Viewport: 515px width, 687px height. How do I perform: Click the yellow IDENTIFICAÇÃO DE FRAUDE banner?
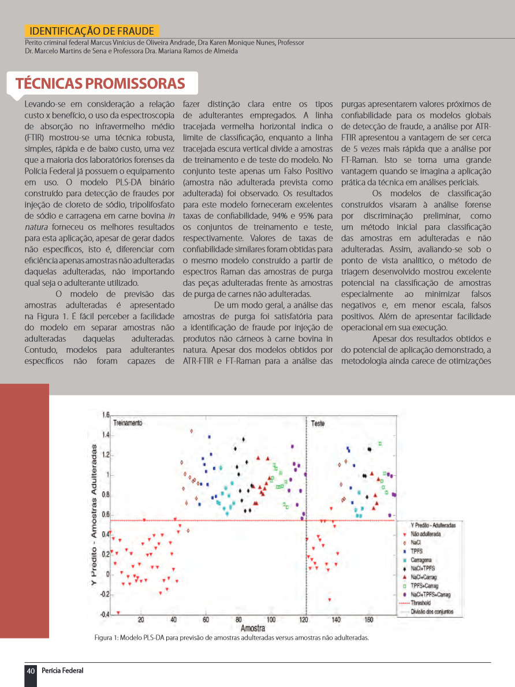[x=92, y=31]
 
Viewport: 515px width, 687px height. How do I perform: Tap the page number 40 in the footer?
[x=31, y=670]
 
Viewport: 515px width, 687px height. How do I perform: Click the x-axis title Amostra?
[x=253, y=628]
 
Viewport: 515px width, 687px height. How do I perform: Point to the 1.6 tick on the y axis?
[x=106, y=415]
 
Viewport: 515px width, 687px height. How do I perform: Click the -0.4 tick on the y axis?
[x=105, y=614]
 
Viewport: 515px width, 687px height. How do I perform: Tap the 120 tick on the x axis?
[x=304, y=620]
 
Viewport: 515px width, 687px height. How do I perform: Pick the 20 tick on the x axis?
[x=141, y=620]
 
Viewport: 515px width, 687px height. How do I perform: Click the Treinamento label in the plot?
[x=127, y=423]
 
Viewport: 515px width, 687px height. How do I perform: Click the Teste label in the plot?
[x=318, y=423]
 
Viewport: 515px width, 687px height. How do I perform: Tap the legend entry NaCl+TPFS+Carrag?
[x=430, y=594]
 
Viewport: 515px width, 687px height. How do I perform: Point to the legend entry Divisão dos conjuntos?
[x=432, y=611]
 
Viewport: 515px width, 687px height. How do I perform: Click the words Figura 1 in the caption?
[x=107, y=638]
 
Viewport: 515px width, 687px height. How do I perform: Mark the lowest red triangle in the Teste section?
[x=330, y=599]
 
